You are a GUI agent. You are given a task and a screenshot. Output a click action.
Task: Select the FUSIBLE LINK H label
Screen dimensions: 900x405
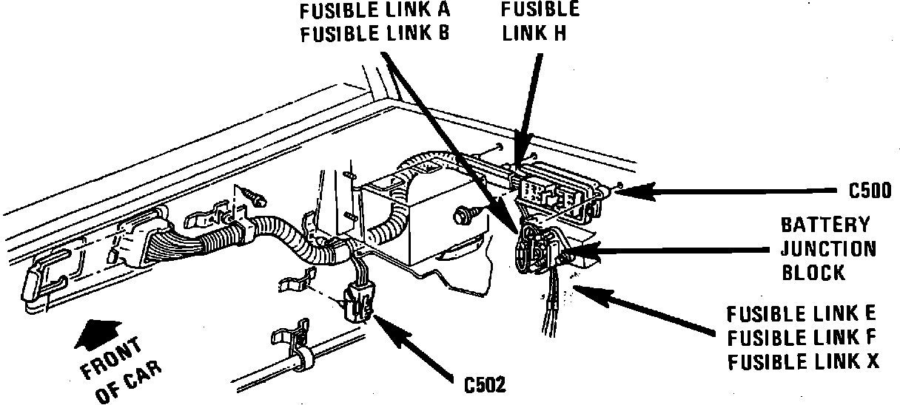click(x=540, y=21)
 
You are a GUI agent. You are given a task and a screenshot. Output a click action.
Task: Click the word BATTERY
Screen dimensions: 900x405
click(x=826, y=225)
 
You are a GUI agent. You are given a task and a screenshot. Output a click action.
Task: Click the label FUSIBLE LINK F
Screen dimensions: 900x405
click(x=802, y=338)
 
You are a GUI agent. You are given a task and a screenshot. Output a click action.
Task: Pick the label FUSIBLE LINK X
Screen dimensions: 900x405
click(x=802, y=362)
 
